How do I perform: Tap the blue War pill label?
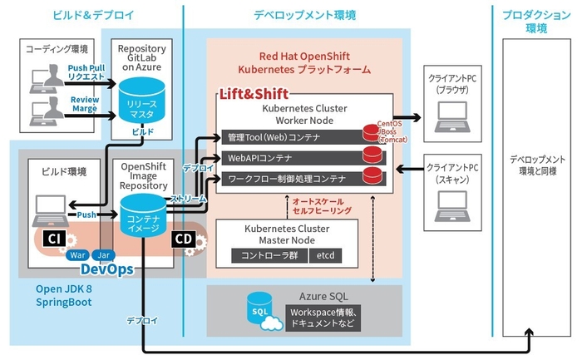coord(79,255)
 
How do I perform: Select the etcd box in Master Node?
coord(325,255)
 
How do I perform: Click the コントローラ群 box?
coord(269,255)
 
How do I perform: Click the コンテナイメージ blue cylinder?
coord(143,218)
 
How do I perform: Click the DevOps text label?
coord(107,269)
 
